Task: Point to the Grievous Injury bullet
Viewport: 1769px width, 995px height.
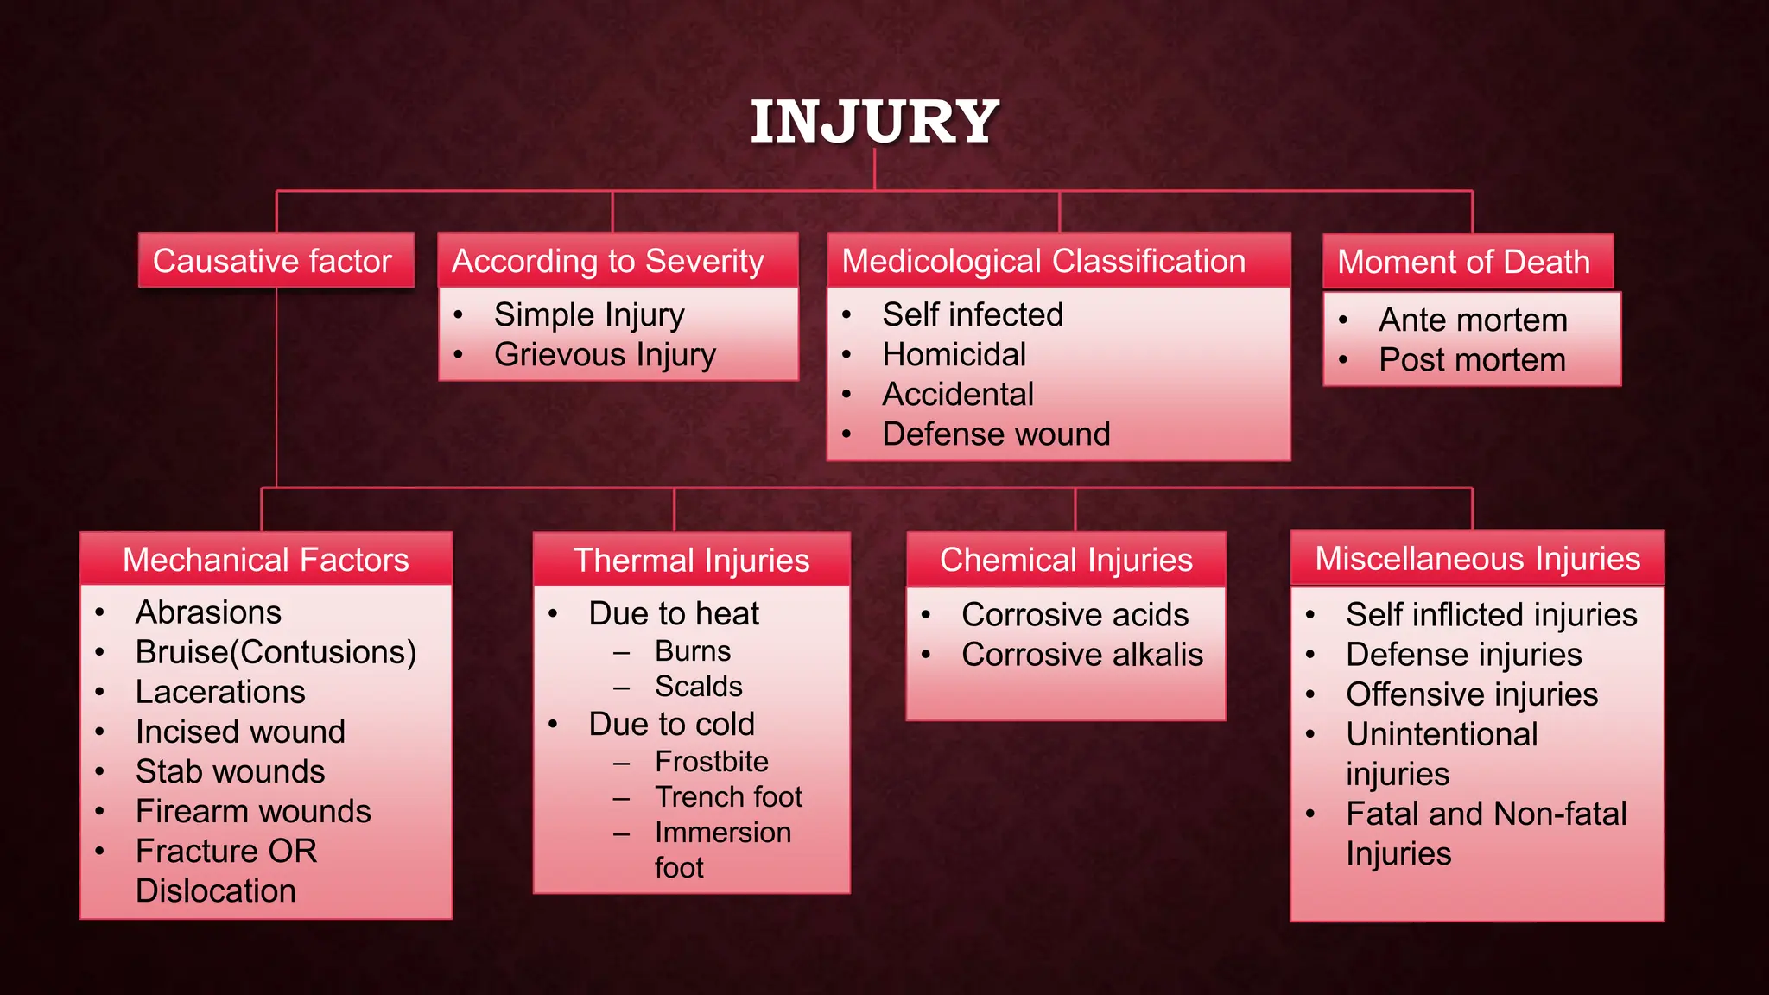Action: click(x=605, y=355)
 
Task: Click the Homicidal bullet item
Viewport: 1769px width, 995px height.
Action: click(x=954, y=355)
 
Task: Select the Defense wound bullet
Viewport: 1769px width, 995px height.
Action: click(x=995, y=434)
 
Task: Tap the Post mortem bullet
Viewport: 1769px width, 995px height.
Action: click(x=1472, y=360)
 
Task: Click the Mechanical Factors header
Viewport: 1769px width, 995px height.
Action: click(x=266, y=560)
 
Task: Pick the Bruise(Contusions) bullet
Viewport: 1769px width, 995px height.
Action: click(x=276, y=652)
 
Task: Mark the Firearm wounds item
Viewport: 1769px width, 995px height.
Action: click(x=253, y=811)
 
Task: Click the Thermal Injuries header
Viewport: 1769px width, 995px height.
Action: click(x=691, y=561)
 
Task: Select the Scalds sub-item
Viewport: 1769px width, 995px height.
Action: click(x=698, y=687)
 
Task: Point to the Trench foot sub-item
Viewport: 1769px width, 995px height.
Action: click(x=728, y=796)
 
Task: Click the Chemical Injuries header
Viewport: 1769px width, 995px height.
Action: click(x=1066, y=560)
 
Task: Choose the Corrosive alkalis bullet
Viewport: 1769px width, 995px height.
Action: click(x=1081, y=655)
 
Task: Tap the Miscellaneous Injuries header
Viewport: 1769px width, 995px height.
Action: click(x=1477, y=559)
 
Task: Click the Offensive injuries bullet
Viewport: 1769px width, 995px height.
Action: click(x=1471, y=694)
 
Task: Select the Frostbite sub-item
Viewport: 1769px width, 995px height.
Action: click(x=711, y=761)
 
